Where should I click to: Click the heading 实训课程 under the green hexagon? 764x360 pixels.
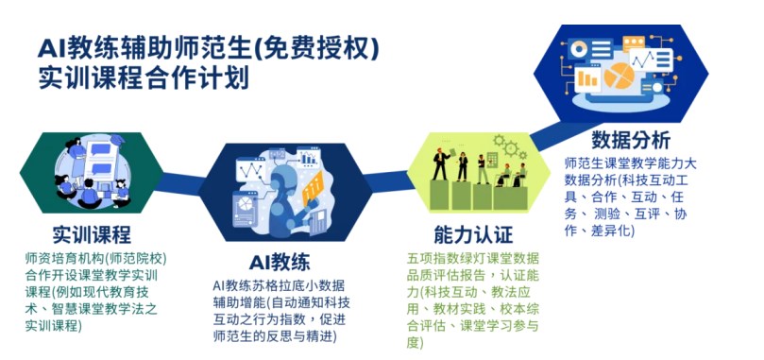coord(92,234)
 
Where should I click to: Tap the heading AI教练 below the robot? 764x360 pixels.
coord(280,264)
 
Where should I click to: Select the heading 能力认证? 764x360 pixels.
coord(473,235)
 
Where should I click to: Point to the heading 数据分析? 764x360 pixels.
coord(631,141)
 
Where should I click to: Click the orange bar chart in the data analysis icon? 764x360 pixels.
coord(586,78)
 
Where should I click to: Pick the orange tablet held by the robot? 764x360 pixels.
coord(313,189)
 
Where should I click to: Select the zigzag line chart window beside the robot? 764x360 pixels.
coord(252,171)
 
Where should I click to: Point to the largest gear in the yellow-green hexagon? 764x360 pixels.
coord(510,146)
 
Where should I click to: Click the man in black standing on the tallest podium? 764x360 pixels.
coord(441,160)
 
